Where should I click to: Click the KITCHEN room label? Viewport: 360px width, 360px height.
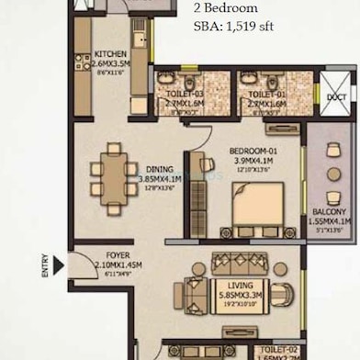pyautogui.click(x=110, y=54)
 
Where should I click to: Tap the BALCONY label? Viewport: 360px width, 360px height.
pyautogui.click(x=329, y=210)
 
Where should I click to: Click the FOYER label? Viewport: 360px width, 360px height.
pyautogui.click(x=93, y=256)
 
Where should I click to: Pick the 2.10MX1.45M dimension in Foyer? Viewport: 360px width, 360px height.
pyautogui.click(x=93, y=266)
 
